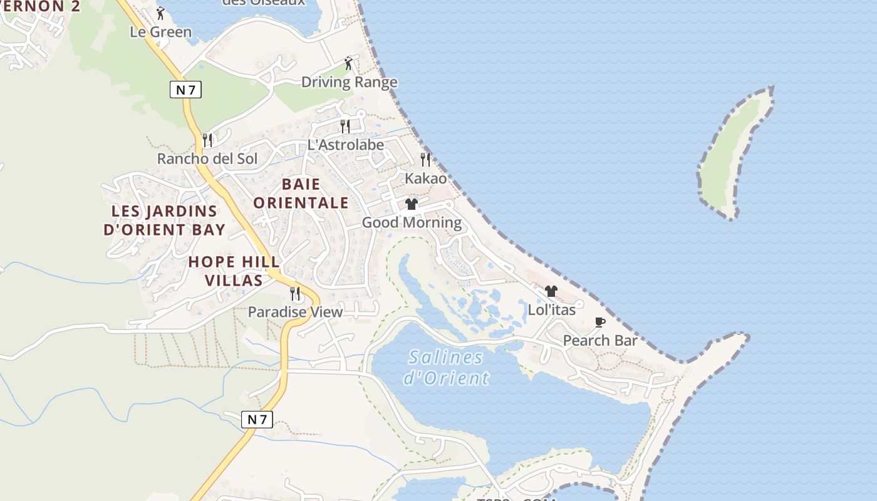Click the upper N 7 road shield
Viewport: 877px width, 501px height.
tap(185, 90)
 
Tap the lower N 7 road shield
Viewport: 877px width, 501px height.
tap(257, 420)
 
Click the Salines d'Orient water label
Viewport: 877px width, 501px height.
tap(446, 368)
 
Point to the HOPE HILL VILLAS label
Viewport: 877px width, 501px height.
tap(234, 271)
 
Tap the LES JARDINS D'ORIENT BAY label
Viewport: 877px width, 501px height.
tap(164, 220)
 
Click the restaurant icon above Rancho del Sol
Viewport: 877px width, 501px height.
tap(207, 140)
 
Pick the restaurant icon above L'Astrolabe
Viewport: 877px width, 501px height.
tap(345, 126)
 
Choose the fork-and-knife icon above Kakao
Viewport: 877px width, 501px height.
tap(425, 159)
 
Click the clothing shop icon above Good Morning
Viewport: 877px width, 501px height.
tap(412, 204)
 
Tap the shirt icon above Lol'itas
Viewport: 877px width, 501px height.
tap(551, 291)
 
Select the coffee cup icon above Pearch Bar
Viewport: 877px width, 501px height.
tap(599, 323)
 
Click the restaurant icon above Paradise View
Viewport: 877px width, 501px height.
tap(295, 293)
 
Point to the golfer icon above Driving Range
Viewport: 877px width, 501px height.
tap(349, 63)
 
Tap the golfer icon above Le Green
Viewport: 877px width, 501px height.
tap(160, 13)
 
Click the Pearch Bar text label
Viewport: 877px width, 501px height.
tap(599, 341)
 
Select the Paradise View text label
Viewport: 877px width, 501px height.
tap(295, 312)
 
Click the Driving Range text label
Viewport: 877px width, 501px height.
tap(349, 82)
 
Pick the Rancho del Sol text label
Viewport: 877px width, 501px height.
tap(207, 158)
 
